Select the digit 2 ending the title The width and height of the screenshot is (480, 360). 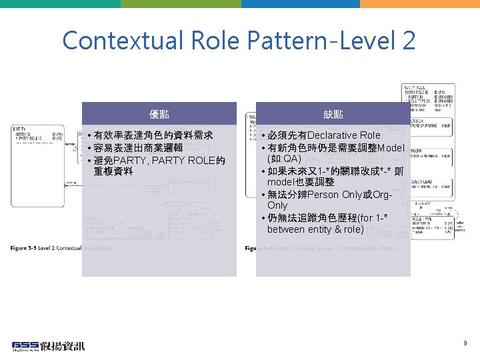408,41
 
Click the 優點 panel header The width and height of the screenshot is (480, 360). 159,114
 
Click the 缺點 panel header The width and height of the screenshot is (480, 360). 333,114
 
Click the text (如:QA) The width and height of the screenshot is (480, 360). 284,159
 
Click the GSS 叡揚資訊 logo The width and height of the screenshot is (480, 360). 48,346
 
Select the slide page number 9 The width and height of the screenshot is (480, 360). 465,343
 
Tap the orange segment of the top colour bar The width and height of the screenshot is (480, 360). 419,3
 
